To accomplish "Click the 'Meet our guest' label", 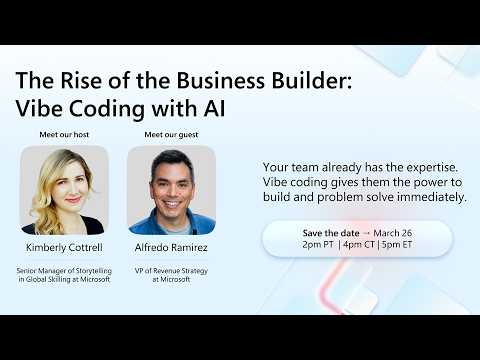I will tap(171, 134).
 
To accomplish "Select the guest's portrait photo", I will tap(171, 190).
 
